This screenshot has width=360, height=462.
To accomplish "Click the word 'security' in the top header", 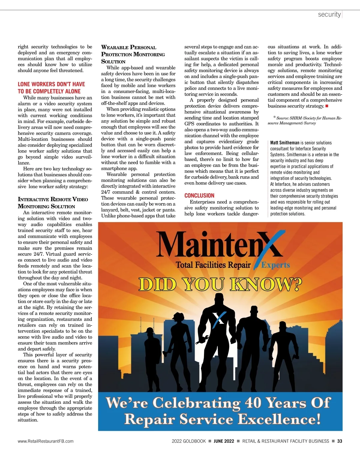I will [x=329, y=14].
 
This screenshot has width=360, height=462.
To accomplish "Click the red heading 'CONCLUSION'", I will [x=199, y=195].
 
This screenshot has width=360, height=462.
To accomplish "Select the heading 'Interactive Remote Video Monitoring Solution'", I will [x=53, y=203].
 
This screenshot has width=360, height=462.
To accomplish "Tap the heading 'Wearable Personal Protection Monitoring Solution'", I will [x=133, y=54].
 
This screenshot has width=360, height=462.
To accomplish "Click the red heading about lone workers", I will [x=51, y=88].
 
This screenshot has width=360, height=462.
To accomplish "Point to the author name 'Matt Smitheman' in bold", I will [x=285, y=143].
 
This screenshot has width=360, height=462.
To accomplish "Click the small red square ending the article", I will [x=327, y=106].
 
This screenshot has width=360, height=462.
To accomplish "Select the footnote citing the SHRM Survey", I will [x=304, y=120].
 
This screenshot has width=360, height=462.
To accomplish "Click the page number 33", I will [x=340, y=441].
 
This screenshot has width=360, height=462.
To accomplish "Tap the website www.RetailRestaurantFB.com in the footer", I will [x=46, y=441].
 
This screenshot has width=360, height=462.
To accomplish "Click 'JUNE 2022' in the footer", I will [x=224, y=441].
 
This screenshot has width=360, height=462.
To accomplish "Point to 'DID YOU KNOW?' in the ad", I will [x=220, y=285].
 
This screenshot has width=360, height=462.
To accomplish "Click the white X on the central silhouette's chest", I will [x=219, y=318].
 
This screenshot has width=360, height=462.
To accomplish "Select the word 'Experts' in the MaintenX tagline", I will [x=275, y=265].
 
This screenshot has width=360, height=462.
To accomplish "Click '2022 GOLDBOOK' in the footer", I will [x=189, y=441].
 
